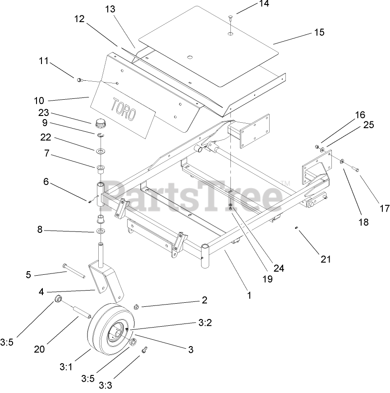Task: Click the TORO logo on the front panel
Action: (x=121, y=109)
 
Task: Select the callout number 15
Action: (x=319, y=32)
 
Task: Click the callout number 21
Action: (x=326, y=259)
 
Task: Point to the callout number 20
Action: (x=40, y=348)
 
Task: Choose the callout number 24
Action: (x=280, y=268)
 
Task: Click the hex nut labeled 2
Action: (x=137, y=307)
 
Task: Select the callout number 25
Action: (x=369, y=125)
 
